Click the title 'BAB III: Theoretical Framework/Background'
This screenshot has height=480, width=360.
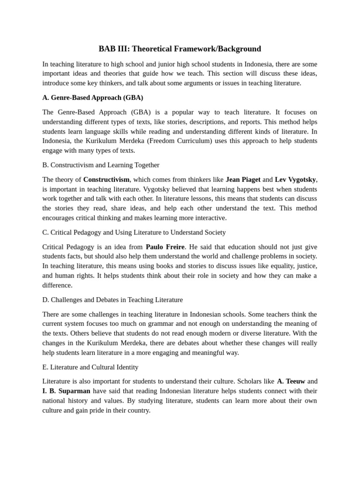pyautogui.click(x=180, y=49)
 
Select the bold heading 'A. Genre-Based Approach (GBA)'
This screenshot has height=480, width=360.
pyautogui.click(x=92, y=97)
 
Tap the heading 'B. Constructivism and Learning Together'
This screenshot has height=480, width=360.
pyautogui.click(x=101, y=165)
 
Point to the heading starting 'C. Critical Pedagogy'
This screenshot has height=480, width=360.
pyautogui.click(x=134, y=232)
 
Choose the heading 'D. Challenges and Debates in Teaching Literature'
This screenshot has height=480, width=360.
pyautogui.click(x=112, y=300)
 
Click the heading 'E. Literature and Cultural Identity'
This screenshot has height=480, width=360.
pyautogui.click(x=90, y=367)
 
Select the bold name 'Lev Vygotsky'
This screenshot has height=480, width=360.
pyautogui.click(x=295, y=180)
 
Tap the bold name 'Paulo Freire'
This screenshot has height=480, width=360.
pyautogui.click(x=165, y=247)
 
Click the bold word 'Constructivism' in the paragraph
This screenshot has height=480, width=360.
pyautogui.click(x=106, y=180)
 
